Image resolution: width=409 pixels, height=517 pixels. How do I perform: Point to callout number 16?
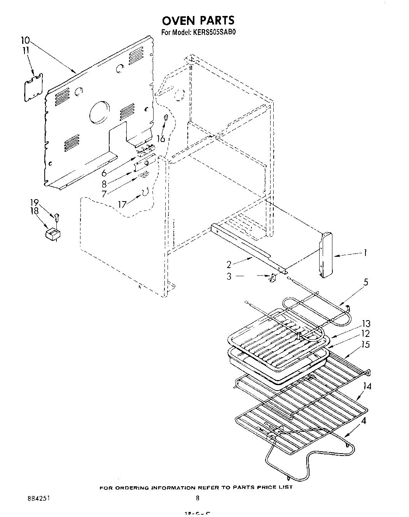click(x=161, y=138)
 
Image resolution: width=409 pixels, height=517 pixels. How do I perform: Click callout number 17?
click(x=122, y=204)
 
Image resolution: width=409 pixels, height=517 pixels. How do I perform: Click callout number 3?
click(x=229, y=276)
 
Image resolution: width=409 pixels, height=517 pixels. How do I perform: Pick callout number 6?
click(x=104, y=174)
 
